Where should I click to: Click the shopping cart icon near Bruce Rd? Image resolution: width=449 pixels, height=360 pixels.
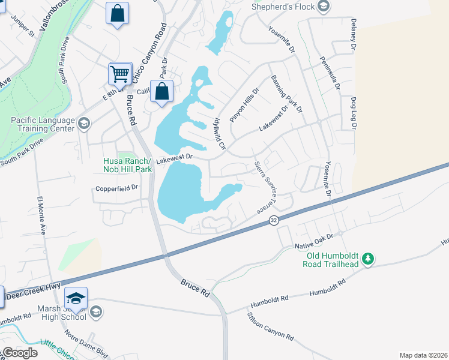120,74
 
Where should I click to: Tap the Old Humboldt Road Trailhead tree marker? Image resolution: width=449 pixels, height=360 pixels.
369,259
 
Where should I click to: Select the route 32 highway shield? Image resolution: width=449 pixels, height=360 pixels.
273,221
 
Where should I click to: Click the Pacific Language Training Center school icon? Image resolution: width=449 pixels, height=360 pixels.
83,124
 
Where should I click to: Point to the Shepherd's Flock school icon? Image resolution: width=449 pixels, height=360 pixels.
324,7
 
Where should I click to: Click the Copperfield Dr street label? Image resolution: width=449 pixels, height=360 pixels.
117,188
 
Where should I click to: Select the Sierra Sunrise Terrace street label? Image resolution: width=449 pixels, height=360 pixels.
264,187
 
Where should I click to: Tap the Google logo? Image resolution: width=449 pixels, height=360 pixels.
19,353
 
